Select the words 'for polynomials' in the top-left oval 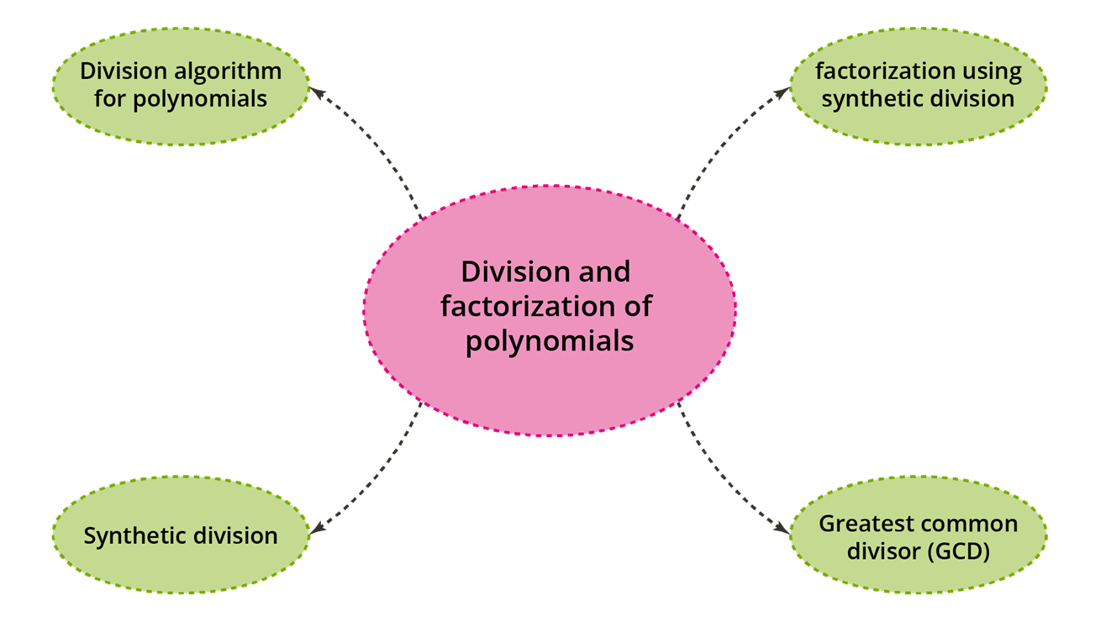[180, 98]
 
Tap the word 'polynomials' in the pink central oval [549, 341]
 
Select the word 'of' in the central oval [637, 307]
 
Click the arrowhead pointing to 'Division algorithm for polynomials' [318, 90]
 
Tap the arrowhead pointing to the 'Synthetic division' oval [318, 529]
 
